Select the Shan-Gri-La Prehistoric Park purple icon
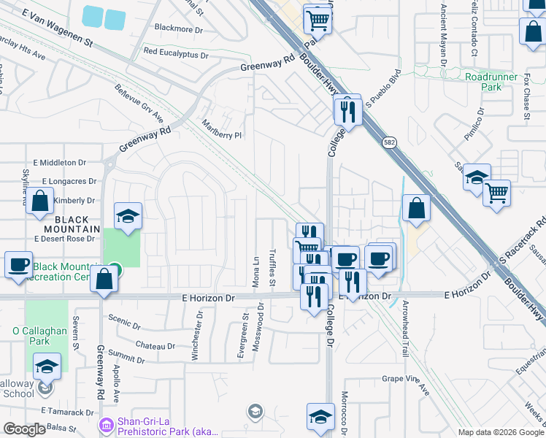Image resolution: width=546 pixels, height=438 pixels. (x=106, y=424)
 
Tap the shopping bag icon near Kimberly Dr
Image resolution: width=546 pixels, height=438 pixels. (x=40, y=201)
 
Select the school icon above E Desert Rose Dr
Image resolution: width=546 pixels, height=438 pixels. (x=128, y=215)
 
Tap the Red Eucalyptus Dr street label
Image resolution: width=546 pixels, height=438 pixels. (x=176, y=53)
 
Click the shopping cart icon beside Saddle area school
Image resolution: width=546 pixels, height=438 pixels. (x=496, y=193)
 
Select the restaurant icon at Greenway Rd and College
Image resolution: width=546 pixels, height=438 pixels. (x=347, y=111)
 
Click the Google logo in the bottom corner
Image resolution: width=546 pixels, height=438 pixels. (x=24, y=429)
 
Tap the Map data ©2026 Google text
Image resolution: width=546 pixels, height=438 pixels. (x=500, y=432)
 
